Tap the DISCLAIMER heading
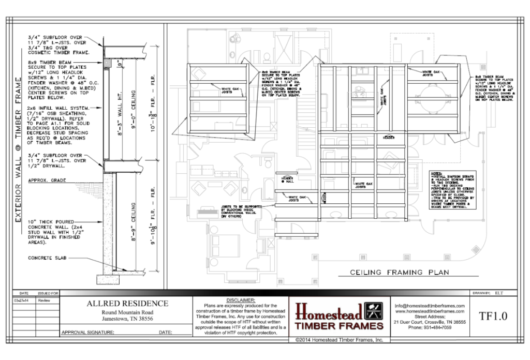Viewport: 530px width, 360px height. [241, 300]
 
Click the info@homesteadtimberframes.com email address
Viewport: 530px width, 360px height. [429, 306]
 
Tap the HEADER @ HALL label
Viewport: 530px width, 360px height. [285, 178]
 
